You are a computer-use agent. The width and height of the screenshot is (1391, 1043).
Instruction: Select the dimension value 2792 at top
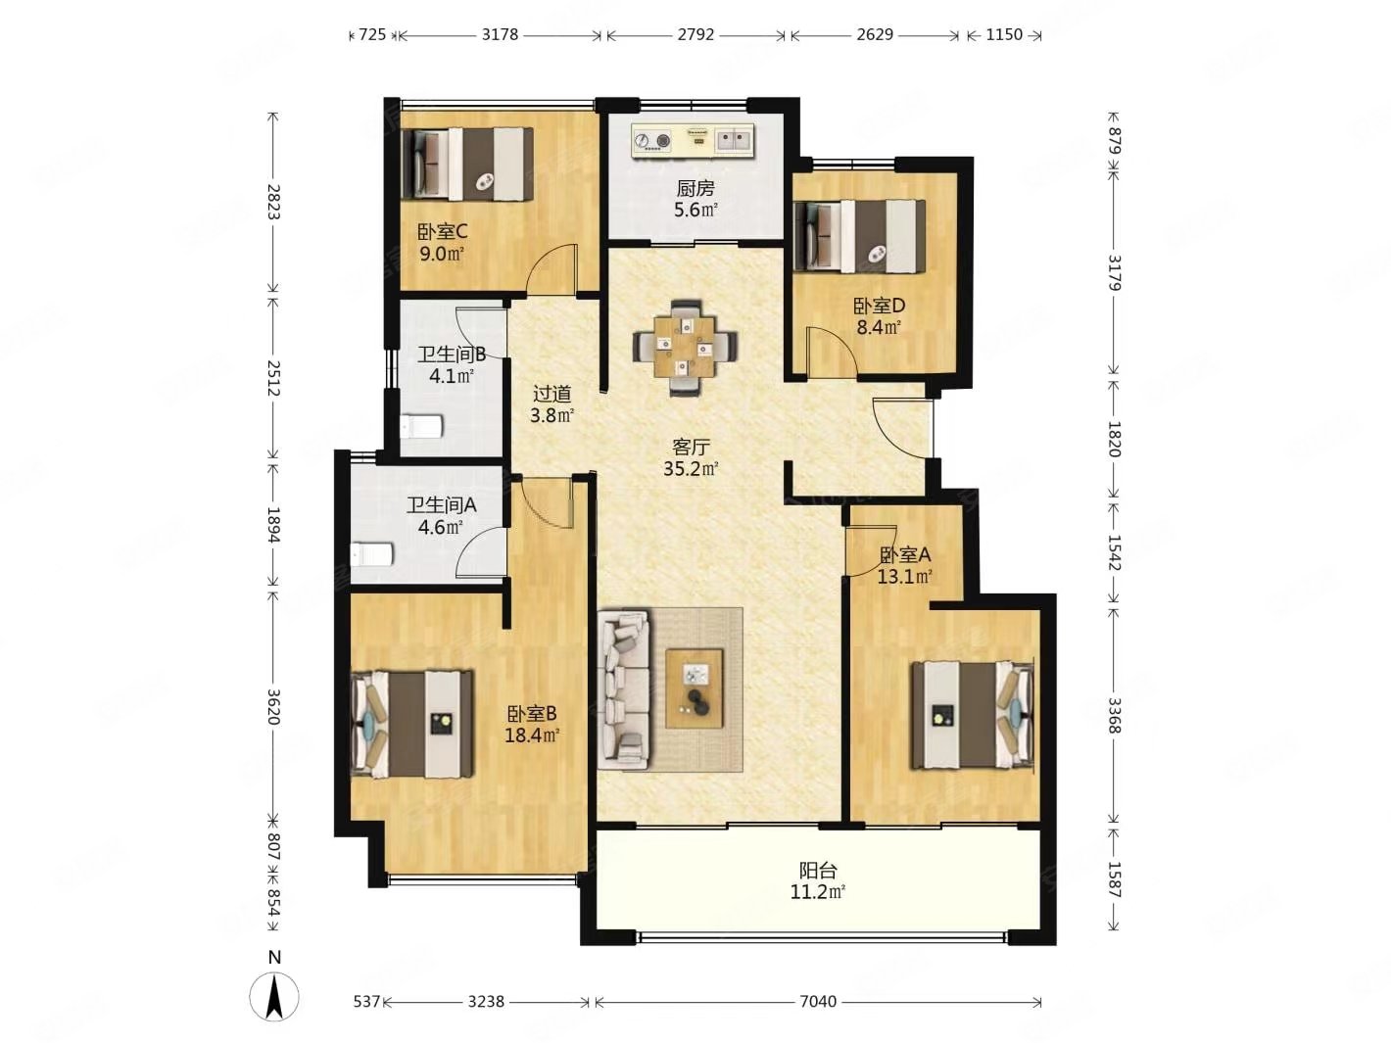tap(695, 35)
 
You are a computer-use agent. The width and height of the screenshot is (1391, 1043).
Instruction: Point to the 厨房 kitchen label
tap(695, 188)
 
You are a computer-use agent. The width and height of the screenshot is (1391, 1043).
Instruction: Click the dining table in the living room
tap(685, 348)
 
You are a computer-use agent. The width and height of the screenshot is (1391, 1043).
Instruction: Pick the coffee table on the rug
tap(694, 689)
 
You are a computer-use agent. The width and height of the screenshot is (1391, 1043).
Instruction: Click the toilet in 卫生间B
tap(420, 426)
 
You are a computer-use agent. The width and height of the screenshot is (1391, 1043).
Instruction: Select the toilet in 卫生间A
tap(372, 554)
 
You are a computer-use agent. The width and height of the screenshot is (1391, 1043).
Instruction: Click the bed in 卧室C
tap(467, 164)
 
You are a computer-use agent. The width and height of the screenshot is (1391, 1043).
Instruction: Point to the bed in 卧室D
tap(859, 237)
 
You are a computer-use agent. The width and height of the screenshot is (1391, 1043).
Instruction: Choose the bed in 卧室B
tap(412, 724)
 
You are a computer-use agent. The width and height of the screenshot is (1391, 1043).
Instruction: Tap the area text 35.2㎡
tap(691, 469)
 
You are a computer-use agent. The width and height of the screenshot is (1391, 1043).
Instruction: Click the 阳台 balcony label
tap(818, 870)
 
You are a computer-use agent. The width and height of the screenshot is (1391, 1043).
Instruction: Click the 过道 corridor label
tap(552, 394)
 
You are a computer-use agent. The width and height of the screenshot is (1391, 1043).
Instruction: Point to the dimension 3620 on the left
tap(273, 707)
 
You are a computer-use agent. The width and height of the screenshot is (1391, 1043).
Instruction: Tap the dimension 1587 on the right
tap(1115, 879)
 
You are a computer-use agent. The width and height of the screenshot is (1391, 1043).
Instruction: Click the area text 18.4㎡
tap(532, 735)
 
